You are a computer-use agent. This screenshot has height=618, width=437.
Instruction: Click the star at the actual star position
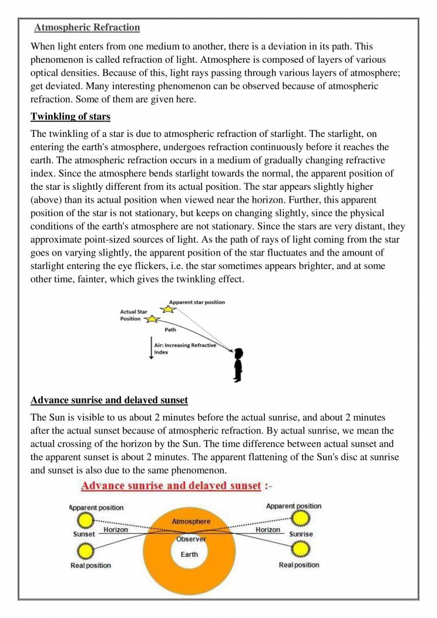pos(152,319)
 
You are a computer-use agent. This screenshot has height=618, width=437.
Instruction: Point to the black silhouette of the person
pos(237,364)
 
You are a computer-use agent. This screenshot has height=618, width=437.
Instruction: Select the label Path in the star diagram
pos(171,330)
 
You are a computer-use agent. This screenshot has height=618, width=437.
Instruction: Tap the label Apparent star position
pos(197,303)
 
